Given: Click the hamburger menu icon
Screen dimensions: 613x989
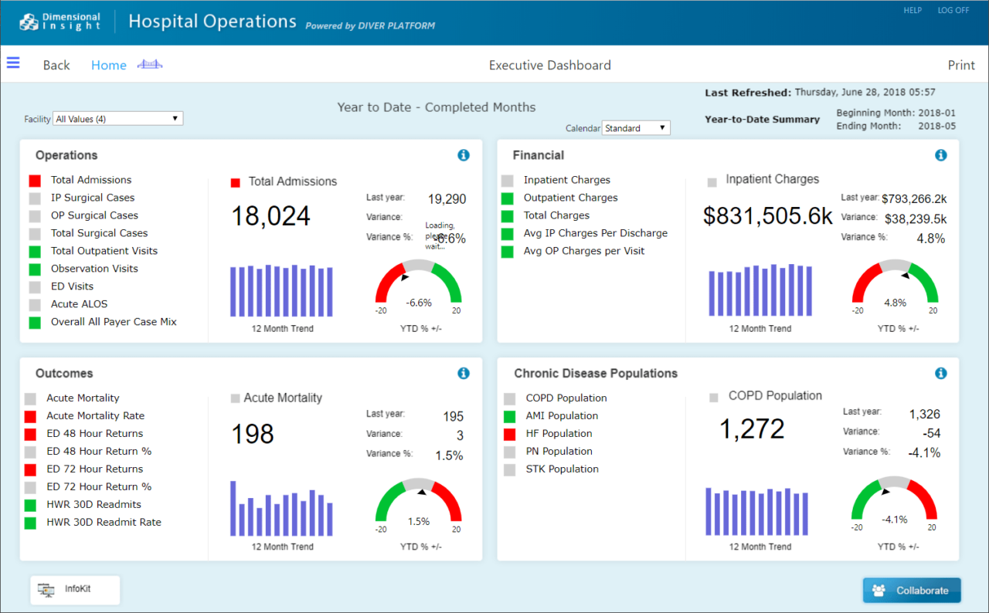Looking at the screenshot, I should (13, 63).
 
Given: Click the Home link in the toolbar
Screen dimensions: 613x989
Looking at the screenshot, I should (108, 66).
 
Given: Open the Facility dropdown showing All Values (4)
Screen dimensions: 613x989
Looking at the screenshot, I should (117, 119).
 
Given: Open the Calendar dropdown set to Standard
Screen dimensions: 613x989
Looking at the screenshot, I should (636, 128).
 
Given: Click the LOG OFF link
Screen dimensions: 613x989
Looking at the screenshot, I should (953, 11).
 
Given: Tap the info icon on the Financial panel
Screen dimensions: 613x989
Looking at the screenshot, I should (940, 155).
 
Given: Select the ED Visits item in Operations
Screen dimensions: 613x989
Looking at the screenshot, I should (72, 286).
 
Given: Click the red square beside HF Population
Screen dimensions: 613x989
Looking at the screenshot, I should (509, 435).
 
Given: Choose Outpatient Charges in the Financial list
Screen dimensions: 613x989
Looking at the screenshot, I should (570, 198).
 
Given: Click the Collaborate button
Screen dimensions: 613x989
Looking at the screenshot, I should (912, 591).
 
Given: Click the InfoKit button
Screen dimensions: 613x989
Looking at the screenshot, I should (76, 589).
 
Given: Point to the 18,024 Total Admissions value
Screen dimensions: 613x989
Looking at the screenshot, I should (270, 216).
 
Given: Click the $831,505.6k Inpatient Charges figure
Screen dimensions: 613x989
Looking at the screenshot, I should (767, 216).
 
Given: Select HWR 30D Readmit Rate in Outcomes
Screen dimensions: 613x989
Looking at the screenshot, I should (104, 523).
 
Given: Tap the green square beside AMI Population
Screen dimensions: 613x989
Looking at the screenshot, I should (509, 417).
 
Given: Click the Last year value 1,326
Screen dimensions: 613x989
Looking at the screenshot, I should (924, 415).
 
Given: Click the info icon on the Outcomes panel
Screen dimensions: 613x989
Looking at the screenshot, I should (464, 374).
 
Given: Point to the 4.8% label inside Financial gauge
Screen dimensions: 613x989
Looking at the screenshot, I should (895, 303).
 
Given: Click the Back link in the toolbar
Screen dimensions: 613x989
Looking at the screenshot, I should (56, 66).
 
